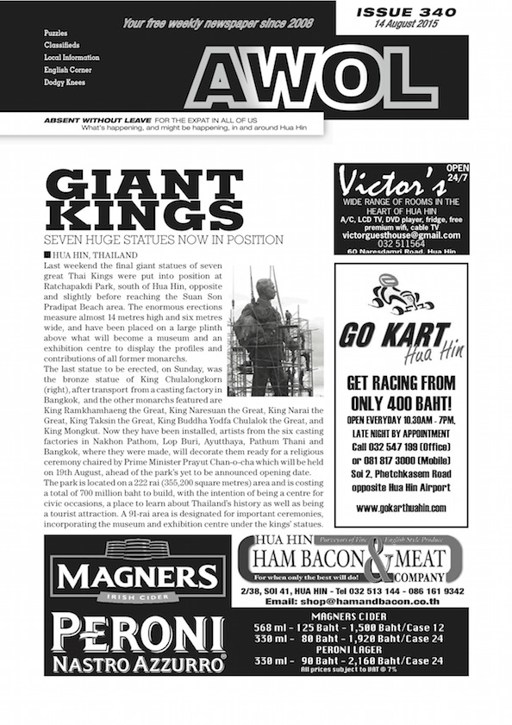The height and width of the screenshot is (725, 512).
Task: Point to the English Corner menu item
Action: [68, 70]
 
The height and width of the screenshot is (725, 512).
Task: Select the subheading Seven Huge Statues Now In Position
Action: [164, 239]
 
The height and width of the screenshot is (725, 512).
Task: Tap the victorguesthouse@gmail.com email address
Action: [401, 234]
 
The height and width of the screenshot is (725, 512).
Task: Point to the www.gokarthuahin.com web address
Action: [401, 509]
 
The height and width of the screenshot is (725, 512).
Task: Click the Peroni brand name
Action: [138, 634]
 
